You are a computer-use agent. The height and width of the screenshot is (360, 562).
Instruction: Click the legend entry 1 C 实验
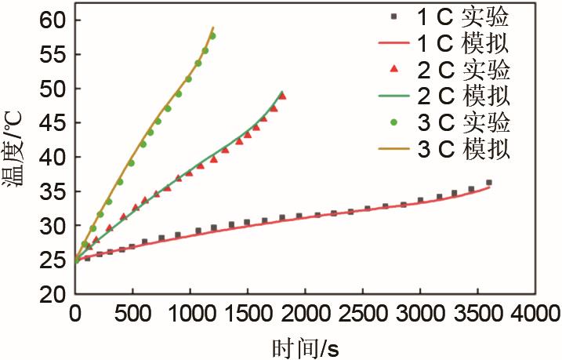click(x=451, y=16)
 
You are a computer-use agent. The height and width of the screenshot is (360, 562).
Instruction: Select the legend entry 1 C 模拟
click(x=451, y=42)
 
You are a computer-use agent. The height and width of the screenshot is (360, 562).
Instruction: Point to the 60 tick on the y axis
click(x=52, y=20)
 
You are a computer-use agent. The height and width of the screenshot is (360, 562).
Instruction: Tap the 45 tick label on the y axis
click(x=52, y=123)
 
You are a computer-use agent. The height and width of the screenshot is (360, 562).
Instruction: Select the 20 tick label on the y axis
click(x=52, y=294)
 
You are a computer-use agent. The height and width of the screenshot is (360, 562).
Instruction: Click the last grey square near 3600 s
click(x=488, y=183)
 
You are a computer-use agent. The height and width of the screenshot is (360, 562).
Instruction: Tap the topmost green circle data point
click(x=212, y=36)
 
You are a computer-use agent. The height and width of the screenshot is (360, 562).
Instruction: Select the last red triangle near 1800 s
click(x=283, y=96)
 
